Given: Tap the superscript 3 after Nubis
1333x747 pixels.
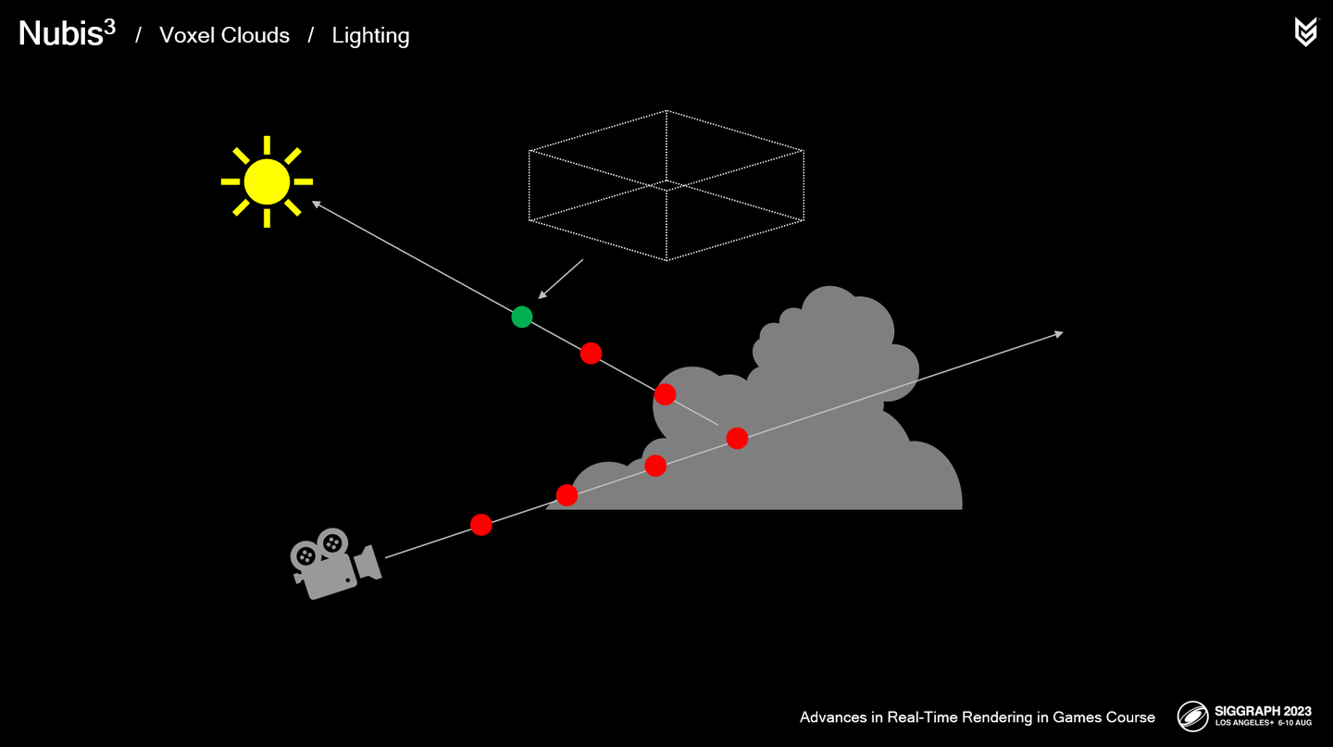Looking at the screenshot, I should tap(109, 26).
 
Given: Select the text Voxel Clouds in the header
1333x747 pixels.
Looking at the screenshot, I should tap(224, 35).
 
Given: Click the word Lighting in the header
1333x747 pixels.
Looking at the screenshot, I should tap(370, 35).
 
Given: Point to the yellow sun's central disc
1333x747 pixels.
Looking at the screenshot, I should tap(267, 181).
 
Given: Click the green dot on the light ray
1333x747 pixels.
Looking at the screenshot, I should tap(522, 317).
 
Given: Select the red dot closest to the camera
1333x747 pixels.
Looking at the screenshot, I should tap(480, 525).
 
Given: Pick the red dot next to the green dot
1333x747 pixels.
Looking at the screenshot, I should tap(591, 353).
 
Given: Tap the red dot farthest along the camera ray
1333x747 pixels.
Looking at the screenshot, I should tap(737, 438).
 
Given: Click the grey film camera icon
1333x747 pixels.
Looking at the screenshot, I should tap(333, 563).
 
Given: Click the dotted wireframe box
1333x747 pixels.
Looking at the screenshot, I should tap(666, 185).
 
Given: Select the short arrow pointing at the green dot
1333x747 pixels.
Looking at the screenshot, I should tap(561, 279).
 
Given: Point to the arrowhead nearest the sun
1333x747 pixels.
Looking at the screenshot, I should tap(317, 204).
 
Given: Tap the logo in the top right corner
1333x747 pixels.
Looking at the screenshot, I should tap(1305, 31).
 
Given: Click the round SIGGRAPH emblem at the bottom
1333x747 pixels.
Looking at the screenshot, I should tap(1192, 716).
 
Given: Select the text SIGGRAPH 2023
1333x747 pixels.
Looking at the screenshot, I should tap(1264, 712).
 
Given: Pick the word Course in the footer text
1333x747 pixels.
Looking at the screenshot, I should tap(1129, 717).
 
